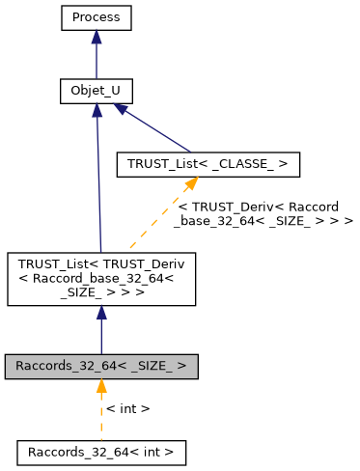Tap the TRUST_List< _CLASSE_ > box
[x=207, y=165]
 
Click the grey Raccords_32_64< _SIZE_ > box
[x=101, y=368]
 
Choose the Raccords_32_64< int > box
[x=101, y=451]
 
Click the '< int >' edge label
[x=127, y=409]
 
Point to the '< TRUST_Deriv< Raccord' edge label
[x=264, y=207]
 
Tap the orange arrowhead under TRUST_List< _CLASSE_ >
[x=193, y=184]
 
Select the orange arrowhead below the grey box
[x=101, y=387]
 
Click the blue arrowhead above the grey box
[x=101, y=315]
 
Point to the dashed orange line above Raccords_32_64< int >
[x=101, y=420]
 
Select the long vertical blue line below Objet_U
[x=97, y=183]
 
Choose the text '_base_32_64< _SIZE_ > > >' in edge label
[x=263, y=221]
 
